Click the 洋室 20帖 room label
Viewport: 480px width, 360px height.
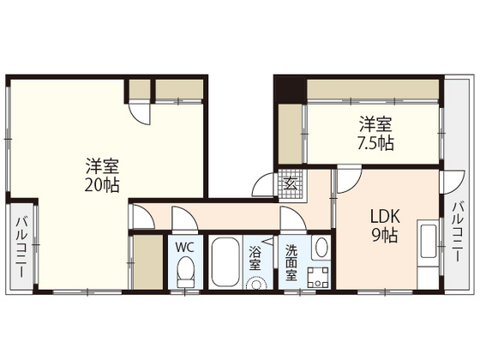pos(102,174)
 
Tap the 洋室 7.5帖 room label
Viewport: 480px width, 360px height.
pos(376,133)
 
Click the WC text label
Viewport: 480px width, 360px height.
pos(184,247)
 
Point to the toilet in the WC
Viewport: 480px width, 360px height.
pos(184,273)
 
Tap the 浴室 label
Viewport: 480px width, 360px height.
pos(255,260)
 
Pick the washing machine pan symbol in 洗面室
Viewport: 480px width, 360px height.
pos(318,278)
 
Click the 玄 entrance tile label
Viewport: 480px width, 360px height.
pos(290,183)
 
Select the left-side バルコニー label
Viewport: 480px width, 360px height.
pos(19,249)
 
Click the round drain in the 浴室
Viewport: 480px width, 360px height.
pos(255,282)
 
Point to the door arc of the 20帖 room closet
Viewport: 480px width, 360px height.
pos(139,112)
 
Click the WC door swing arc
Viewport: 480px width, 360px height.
pos(180,218)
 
